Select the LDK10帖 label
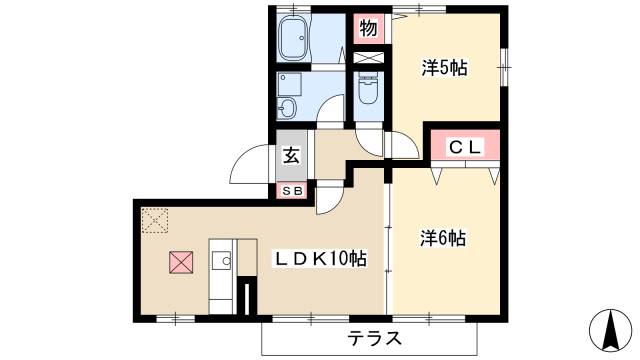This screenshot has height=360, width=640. pos(321,259)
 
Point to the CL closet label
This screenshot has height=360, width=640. pos(465,148)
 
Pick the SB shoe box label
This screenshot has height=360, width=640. pos(292,189)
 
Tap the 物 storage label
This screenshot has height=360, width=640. pos(368,28)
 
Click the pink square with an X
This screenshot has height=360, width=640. pos(180,264)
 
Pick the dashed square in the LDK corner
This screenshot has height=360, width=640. pos(155,220)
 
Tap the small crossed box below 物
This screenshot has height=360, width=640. pos(368,57)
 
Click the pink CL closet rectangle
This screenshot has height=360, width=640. pos(465,148)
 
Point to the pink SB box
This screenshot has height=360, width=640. pos(292,189)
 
